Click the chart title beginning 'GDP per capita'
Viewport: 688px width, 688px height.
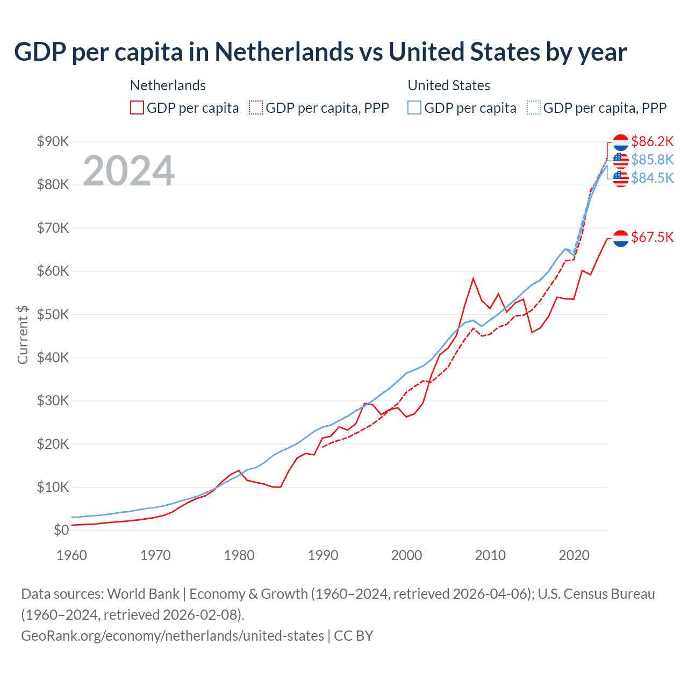[320, 52]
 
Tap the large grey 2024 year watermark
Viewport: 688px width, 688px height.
[128, 171]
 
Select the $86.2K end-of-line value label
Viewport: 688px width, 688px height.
[652, 141]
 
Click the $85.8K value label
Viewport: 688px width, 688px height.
[652, 160]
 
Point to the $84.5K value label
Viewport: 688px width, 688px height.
[652, 178]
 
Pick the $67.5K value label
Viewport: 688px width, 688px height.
[652, 237]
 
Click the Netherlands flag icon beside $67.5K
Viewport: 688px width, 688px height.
[620, 238]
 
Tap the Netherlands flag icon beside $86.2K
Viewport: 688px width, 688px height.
[620, 142]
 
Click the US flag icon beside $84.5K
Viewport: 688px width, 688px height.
[620, 178]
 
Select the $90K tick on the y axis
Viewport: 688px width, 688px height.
[53, 141]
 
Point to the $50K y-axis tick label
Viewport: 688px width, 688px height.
[53, 314]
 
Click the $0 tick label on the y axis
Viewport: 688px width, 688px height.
[61, 531]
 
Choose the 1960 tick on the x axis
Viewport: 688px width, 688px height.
[71, 555]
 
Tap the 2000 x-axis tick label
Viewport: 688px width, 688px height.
[406, 555]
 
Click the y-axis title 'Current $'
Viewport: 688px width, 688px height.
[23, 335]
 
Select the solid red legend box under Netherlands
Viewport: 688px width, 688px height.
[137, 107]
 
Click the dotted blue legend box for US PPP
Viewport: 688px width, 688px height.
[534, 107]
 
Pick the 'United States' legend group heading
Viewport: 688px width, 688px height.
[449, 85]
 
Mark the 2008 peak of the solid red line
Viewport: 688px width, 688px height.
[473, 278]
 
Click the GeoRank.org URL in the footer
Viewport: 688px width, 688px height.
[172, 636]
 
